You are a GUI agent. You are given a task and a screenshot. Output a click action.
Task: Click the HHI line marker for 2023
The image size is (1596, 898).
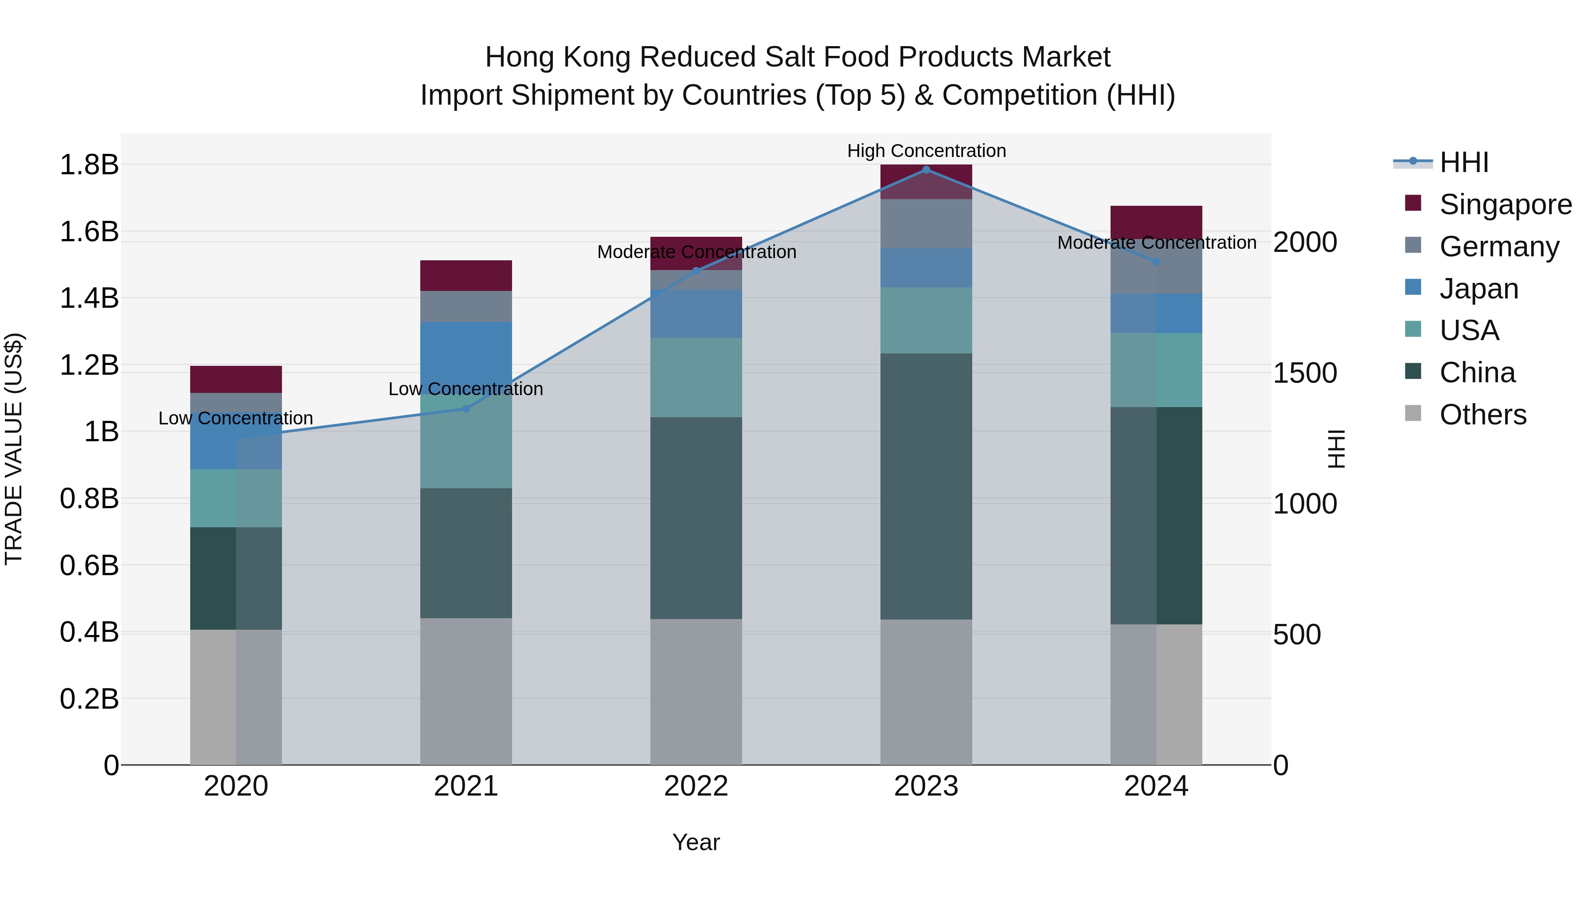[926, 170]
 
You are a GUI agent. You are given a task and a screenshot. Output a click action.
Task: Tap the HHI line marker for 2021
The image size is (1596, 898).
[466, 408]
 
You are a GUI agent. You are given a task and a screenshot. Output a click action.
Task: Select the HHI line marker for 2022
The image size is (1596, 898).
[696, 271]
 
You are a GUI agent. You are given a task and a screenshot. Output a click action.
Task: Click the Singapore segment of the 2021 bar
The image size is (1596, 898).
[466, 276]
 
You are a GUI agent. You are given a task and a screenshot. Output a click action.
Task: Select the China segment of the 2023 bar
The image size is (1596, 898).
[926, 486]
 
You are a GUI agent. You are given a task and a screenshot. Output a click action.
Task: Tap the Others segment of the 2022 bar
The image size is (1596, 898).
[696, 692]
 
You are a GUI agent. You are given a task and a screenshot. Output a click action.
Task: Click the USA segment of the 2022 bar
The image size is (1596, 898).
[696, 377]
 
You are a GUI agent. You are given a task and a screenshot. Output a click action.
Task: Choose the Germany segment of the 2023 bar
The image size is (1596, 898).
[926, 224]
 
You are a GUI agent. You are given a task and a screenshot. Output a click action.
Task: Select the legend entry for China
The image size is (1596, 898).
[1477, 373]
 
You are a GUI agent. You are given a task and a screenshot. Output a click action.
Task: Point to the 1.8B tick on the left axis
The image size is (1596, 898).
[89, 165]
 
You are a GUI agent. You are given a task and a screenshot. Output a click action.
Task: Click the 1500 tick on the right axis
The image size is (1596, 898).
[1305, 373]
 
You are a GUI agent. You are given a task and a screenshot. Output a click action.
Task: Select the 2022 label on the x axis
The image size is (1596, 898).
[696, 786]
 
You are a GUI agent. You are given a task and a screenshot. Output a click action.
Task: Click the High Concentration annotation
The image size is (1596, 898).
[926, 151]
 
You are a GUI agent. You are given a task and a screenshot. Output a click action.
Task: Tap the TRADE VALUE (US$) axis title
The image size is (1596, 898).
[14, 449]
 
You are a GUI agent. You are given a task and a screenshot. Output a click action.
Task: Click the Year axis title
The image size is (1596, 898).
[696, 842]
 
